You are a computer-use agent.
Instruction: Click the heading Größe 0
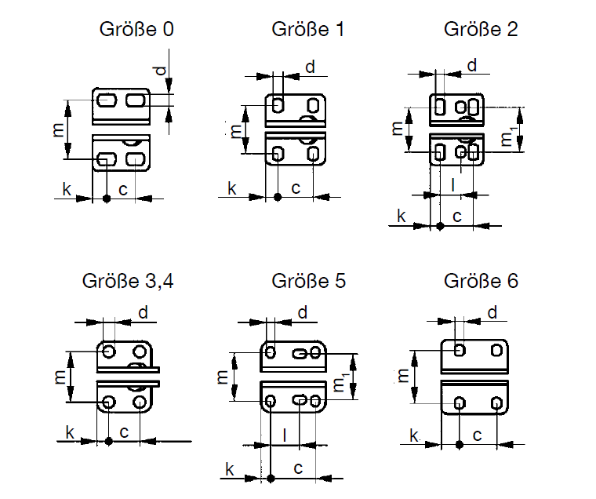(136, 30)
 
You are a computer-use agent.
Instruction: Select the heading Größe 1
(308, 30)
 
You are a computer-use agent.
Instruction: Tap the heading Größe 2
(481, 30)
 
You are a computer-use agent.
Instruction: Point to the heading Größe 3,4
(127, 281)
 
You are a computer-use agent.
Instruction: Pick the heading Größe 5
(308, 281)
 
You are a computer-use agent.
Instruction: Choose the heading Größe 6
(481, 281)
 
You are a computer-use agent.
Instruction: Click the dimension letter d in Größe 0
(160, 71)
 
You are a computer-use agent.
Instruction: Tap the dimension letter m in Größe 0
(58, 129)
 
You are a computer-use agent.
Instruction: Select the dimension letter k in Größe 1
(232, 188)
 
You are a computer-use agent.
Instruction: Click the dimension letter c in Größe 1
(296, 188)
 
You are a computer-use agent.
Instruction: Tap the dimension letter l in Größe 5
(285, 434)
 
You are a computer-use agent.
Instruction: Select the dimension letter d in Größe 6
(492, 313)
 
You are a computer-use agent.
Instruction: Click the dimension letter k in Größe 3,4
(70, 432)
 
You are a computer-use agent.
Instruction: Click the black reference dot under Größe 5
(270, 477)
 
